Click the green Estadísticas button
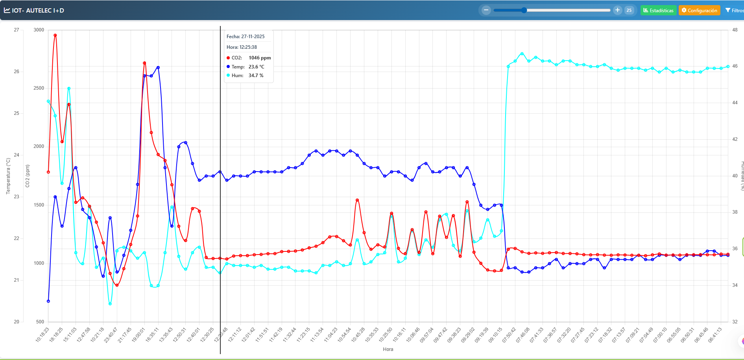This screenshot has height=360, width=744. (658, 11)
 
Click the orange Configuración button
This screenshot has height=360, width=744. (699, 11)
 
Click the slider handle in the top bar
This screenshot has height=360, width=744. (524, 10)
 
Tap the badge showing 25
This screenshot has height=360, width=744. (629, 11)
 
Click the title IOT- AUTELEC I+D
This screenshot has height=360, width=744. (38, 11)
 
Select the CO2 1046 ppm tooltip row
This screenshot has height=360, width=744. (249, 58)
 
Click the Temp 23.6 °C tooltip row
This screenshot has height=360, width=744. (246, 67)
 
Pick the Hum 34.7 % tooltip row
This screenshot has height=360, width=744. (245, 76)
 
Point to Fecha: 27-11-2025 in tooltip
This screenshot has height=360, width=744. (246, 37)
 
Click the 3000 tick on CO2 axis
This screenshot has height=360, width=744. (39, 30)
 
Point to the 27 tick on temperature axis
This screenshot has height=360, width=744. (17, 30)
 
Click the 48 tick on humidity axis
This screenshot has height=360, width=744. (735, 30)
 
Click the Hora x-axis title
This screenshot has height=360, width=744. (388, 349)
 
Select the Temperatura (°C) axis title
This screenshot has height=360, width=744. (8, 176)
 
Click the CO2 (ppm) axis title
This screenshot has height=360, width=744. (28, 176)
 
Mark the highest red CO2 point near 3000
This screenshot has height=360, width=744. (55, 35)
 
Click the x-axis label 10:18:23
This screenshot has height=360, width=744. (42, 335)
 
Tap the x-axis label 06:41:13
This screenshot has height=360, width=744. (715, 335)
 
